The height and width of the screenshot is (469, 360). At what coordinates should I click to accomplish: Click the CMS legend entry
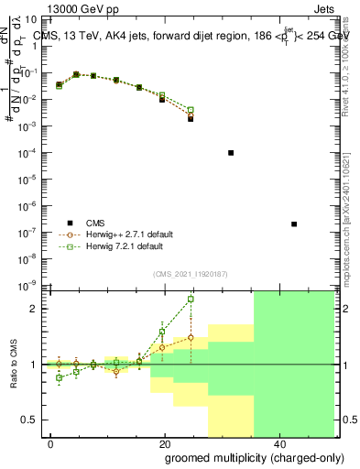click(x=95, y=223)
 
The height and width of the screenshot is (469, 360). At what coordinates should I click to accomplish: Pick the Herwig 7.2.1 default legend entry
click(x=124, y=246)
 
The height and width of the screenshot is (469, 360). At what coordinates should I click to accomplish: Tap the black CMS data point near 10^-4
click(x=231, y=153)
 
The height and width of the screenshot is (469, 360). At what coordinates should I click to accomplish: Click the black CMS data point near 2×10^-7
click(x=293, y=224)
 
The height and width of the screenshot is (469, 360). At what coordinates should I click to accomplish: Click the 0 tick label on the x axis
click(x=51, y=442)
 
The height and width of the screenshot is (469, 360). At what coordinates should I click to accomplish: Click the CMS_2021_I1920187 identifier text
click(x=190, y=273)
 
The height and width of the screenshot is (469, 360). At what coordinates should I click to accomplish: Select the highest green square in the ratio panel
click(x=191, y=299)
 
